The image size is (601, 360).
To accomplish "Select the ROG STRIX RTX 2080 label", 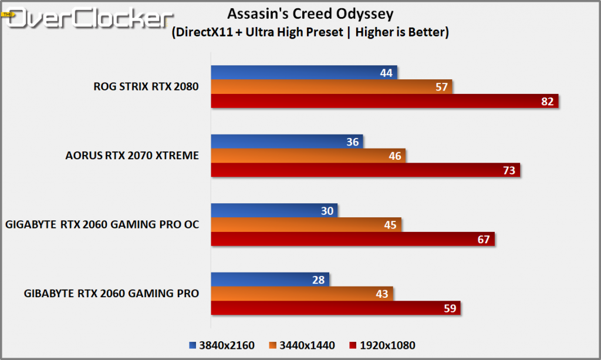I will click(x=146, y=87).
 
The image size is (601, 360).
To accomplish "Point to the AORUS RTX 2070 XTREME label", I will click(x=132, y=156).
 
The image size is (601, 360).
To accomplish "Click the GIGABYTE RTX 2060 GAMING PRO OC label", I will click(x=102, y=224).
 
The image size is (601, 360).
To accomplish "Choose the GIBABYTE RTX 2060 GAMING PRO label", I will click(x=112, y=293).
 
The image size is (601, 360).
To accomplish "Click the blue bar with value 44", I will click(x=304, y=73).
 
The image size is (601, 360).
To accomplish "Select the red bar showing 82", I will click(x=384, y=101).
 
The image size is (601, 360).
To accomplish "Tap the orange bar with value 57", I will click(x=332, y=87).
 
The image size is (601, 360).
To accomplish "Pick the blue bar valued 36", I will click(x=287, y=142).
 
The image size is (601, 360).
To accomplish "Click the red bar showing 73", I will click(x=365, y=170).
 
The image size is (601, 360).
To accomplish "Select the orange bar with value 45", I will click(x=306, y=225).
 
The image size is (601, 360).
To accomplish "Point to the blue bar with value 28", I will click(x=270, y=280).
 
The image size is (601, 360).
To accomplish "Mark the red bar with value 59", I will click(x=335, y=308).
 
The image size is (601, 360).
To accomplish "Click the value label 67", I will click(x=483, y=239).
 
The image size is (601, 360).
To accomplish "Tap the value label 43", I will click(x=381, y=294).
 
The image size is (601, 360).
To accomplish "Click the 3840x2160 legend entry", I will click(x=222, y=345).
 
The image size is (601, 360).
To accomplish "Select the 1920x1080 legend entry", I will click(x=382, y=345).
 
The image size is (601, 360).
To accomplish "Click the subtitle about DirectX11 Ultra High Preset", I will click(x=310, y=32).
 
